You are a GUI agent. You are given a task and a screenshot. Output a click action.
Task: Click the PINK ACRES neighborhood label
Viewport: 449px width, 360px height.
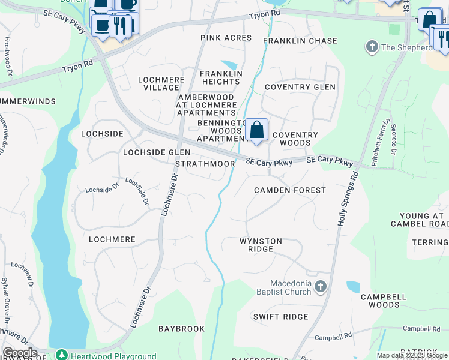226,37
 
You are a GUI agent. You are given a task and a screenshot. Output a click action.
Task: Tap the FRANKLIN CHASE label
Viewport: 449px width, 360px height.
300,41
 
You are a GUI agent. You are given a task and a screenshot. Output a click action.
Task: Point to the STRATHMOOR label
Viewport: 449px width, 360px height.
205,164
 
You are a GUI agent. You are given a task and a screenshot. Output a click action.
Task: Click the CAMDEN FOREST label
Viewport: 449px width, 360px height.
290,190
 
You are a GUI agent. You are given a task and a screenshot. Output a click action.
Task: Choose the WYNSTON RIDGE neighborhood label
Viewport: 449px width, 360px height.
261,245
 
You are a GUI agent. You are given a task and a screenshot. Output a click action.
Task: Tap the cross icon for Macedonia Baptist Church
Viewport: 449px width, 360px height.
321,287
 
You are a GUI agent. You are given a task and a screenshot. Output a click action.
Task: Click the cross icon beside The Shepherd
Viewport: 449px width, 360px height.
372,47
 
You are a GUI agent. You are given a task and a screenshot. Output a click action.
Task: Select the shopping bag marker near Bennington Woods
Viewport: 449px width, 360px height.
256,130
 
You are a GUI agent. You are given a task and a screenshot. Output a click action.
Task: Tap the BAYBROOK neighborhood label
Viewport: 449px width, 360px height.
181,329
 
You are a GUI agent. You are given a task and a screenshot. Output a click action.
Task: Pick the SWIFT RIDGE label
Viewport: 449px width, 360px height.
280,317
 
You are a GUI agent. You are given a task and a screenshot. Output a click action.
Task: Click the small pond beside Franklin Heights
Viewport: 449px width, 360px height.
229,65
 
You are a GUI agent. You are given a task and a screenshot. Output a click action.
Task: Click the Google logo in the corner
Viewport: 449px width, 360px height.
19,353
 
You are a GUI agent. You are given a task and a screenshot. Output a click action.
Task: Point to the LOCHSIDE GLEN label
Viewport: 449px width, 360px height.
157,152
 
